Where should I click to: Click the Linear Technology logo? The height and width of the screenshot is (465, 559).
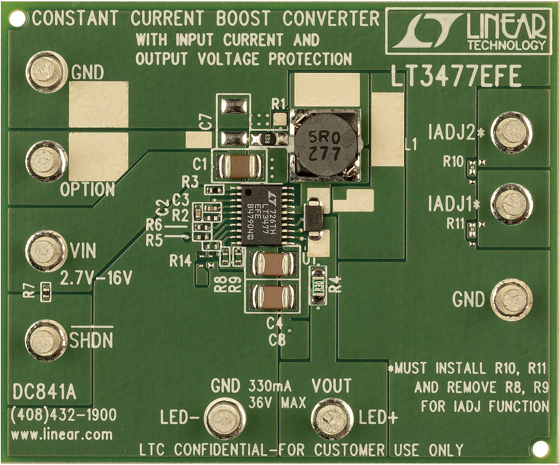[x=467, y=31]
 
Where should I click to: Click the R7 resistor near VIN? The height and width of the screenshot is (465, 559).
[x=46, y=292]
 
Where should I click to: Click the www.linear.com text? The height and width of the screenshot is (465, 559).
[x=62, y=435]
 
